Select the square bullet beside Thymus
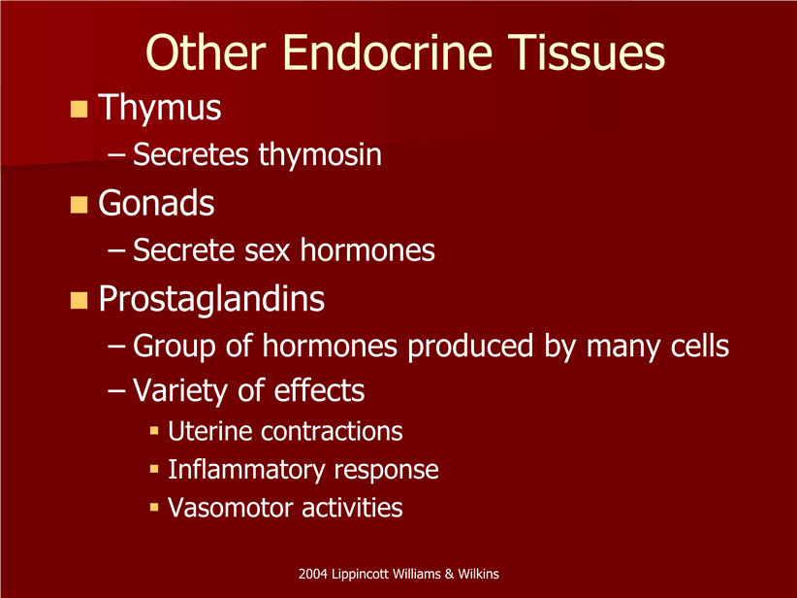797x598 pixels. (79, 109)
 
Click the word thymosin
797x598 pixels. (320, 154)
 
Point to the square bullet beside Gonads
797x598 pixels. (79, 205)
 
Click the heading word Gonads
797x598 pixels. (156, 204)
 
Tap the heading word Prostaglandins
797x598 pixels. (211, 299)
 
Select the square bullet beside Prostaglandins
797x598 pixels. (79, 300)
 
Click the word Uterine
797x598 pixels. (210, 432)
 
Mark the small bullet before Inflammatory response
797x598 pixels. (154, 469)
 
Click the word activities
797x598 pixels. (352, 508)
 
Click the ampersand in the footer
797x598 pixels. (449, 575)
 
